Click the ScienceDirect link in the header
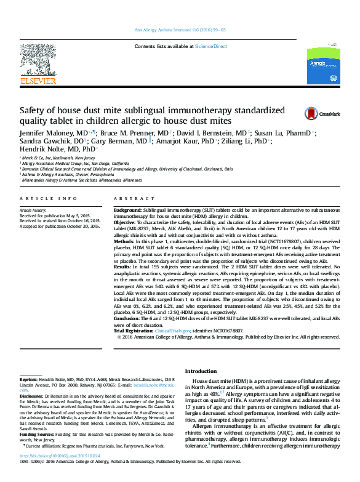point(212,47)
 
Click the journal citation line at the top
point(180,30)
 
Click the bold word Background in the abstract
point(127,211)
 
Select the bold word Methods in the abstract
point(124,241)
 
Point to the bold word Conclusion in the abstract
point(127,319)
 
